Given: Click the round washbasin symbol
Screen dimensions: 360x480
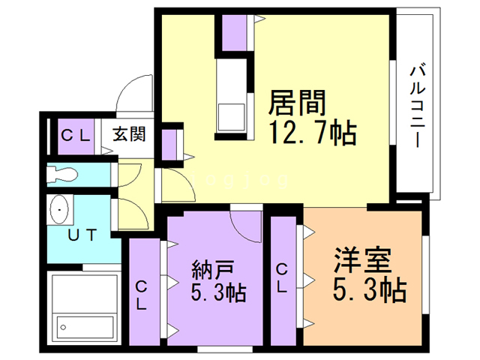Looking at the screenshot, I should pos(59,211).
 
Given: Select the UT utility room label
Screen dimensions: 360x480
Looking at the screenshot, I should pos(82,235).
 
